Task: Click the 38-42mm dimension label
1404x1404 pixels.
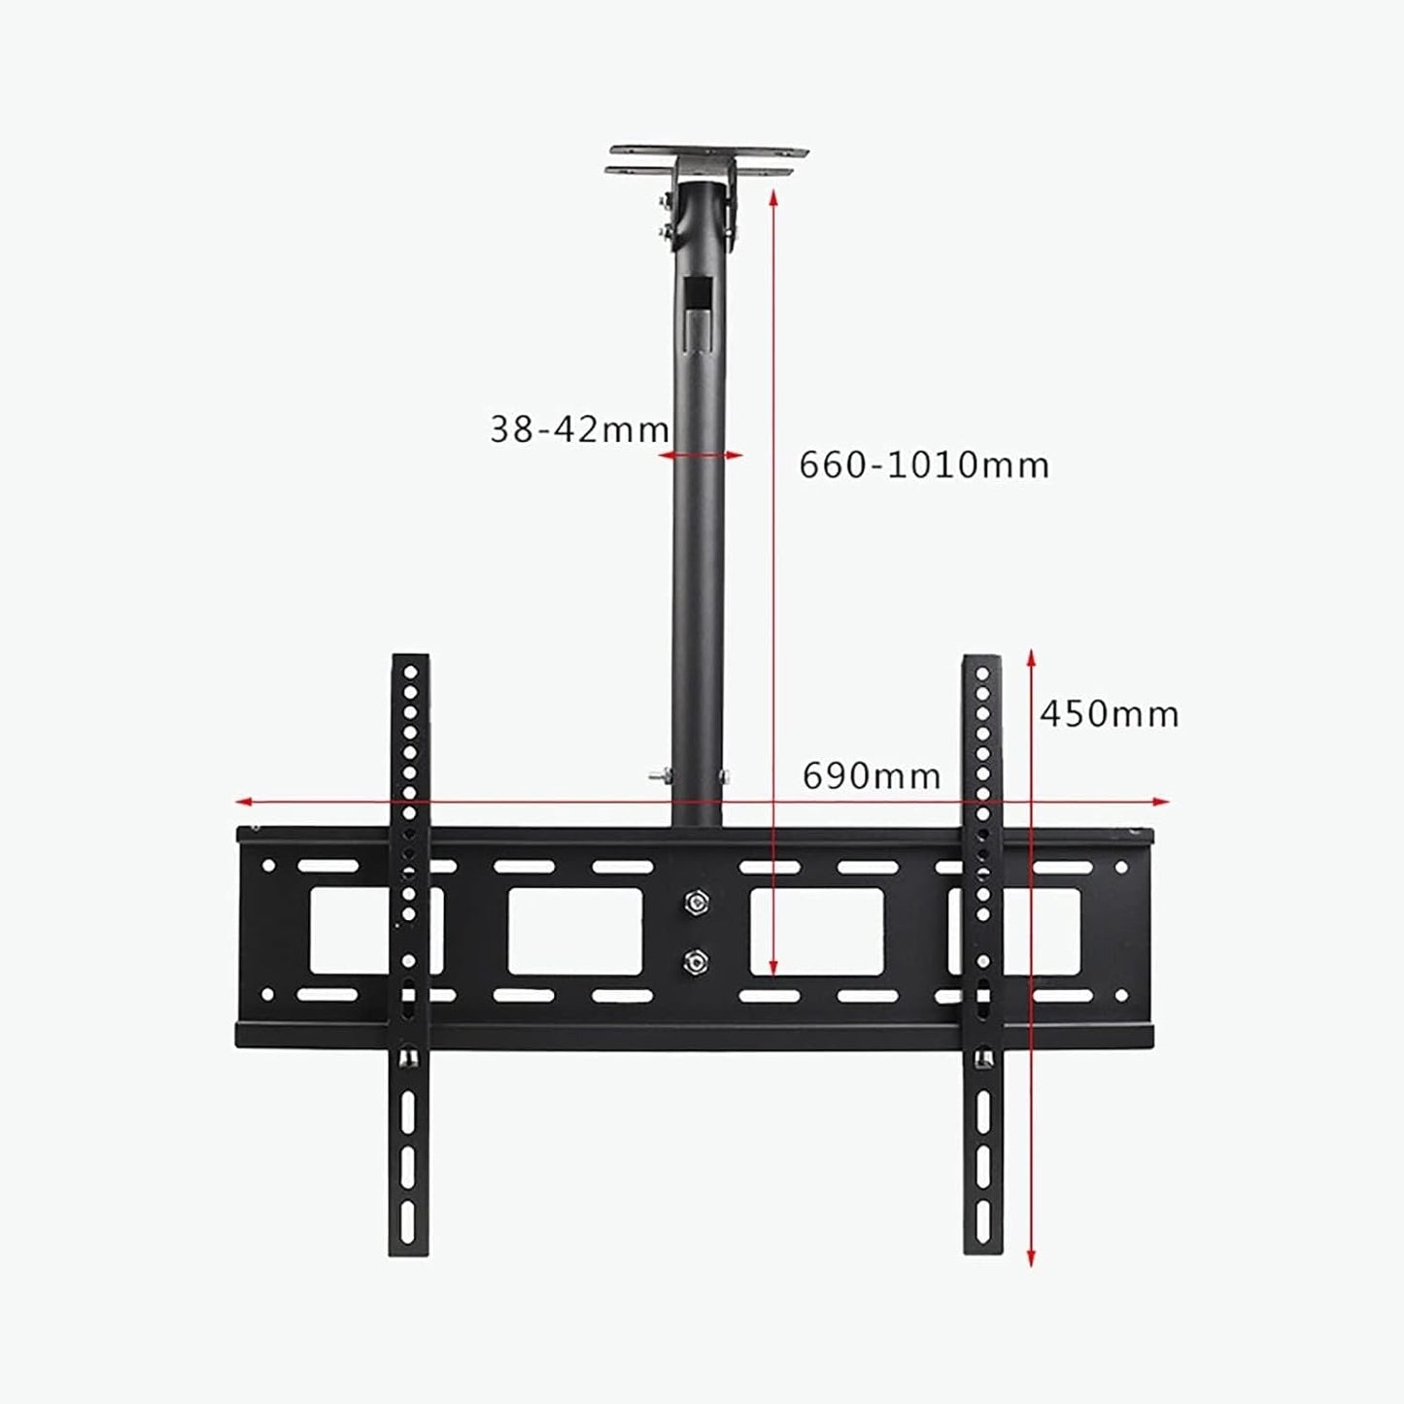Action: coord(579,429)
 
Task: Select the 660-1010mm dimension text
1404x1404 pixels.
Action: coord(924,464)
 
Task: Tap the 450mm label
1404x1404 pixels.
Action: coord(1109,714)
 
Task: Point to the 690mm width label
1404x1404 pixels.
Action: coord(872,776)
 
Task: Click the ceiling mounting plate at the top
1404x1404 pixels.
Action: coord(707,161)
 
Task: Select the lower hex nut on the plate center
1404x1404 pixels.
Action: coord(696,963)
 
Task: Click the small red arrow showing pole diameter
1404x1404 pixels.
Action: coord(701,456)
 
